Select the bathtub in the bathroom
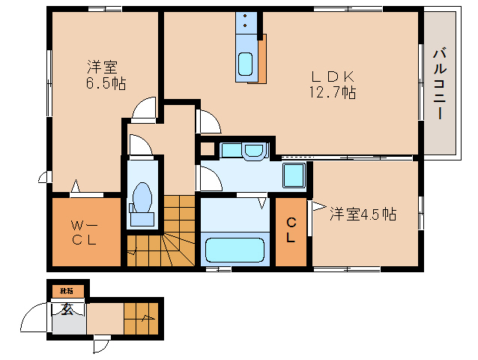click(235, 248)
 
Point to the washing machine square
click(293, 177)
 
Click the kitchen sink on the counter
click(246, 65)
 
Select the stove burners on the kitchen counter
click(246, 24)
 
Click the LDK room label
click(327, 76)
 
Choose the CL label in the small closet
click(290, 230)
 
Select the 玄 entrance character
click(67, 308)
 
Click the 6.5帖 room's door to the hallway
click(144, 109)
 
